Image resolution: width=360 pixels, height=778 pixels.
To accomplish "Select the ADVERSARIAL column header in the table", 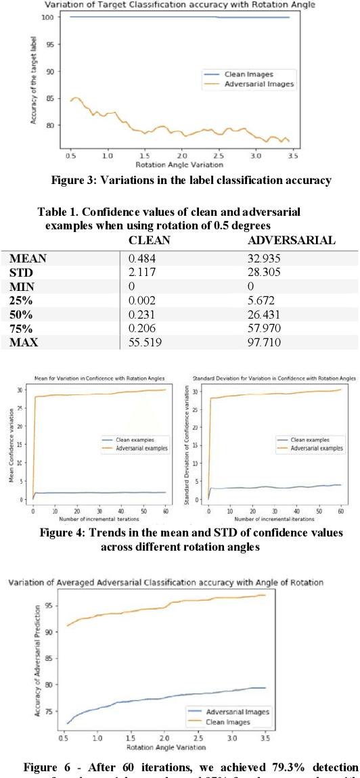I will (291, 241).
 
